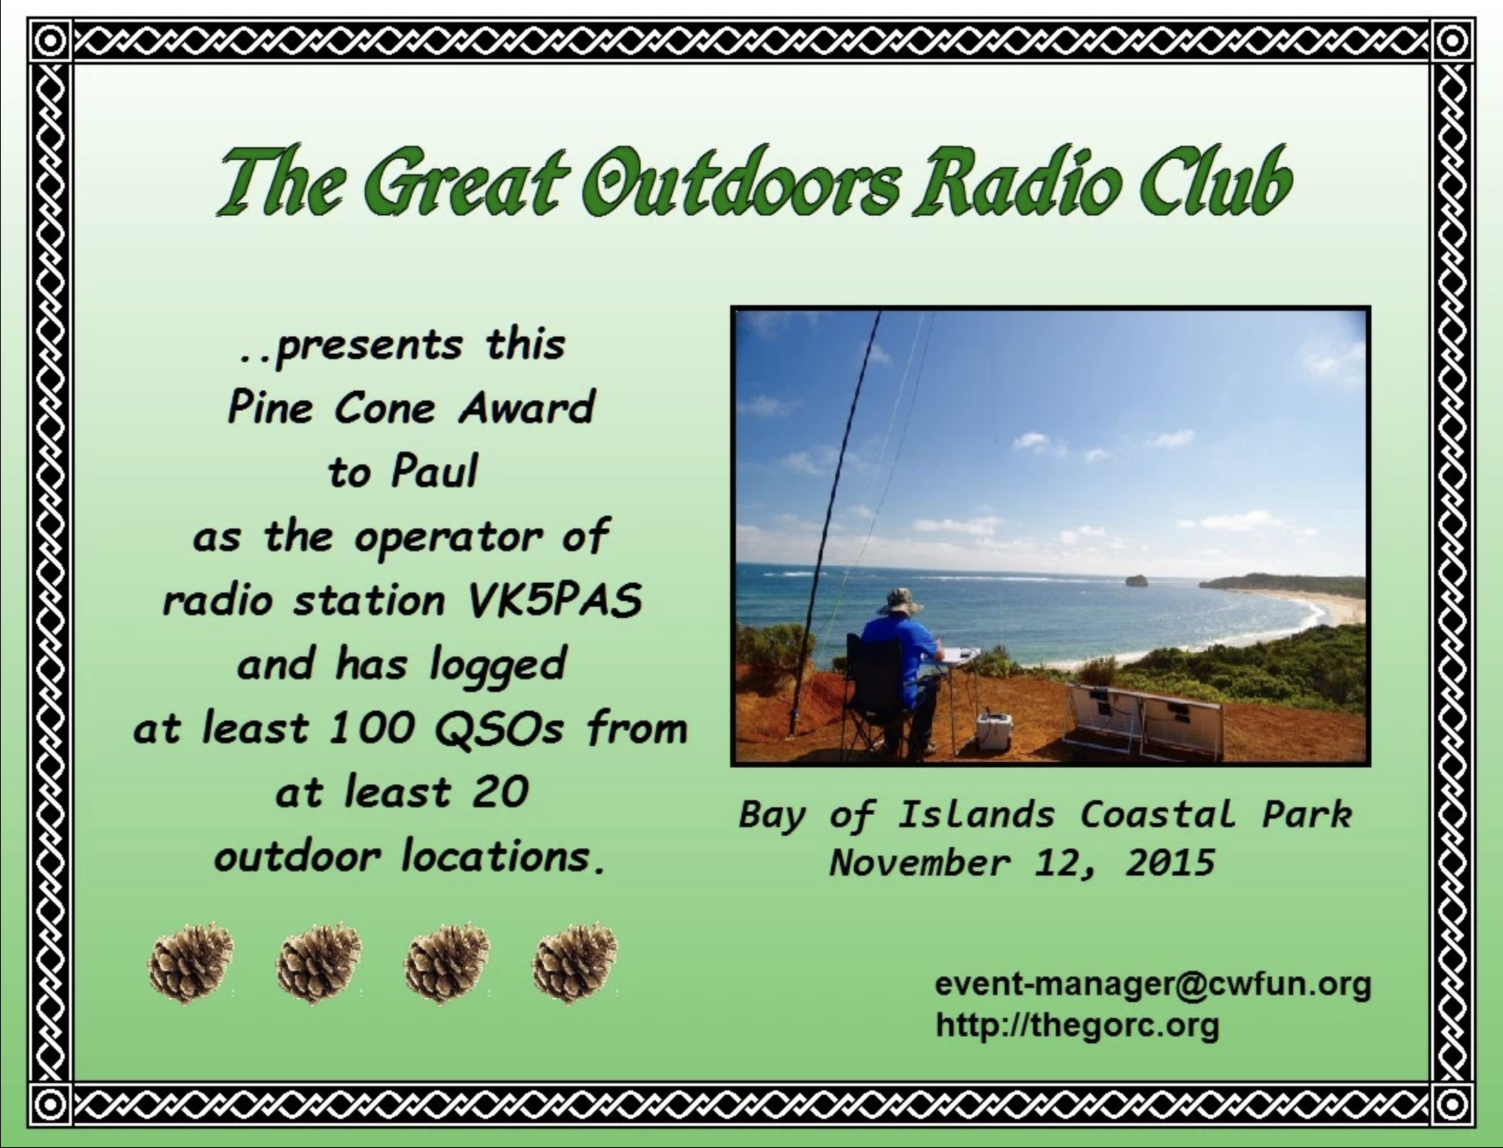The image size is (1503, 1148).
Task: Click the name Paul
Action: pos(434,472)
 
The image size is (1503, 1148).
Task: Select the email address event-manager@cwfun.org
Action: pos(1152,985)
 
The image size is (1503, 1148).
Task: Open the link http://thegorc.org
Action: pos(1077,1026)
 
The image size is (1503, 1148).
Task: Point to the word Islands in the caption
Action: pos(975,814)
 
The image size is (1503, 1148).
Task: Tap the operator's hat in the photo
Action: pos(899,602)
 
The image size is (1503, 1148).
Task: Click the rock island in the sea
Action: pos(1136,581)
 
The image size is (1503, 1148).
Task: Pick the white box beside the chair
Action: pos(993,731)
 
